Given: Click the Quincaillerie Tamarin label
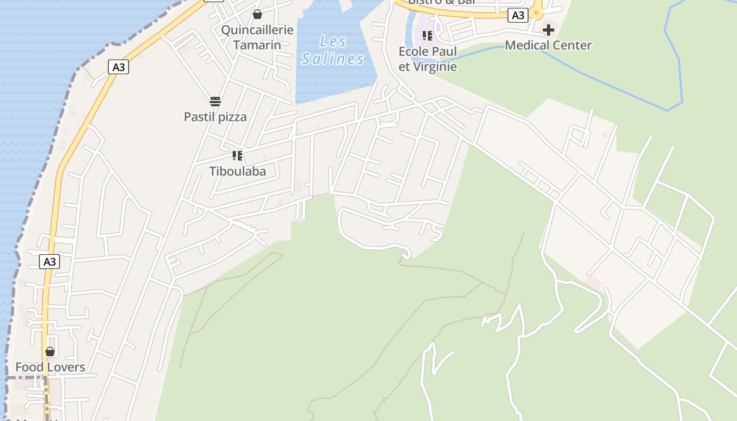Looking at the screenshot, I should [257, 37].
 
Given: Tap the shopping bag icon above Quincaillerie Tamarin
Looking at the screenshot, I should [257, 14].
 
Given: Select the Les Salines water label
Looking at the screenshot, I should [333, 50].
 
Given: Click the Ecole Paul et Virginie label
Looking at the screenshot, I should [427, 59].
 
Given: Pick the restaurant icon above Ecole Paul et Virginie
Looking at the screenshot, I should [427, 36].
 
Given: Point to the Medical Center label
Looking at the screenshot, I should [548, 45].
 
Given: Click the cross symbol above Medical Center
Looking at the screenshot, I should [549, 30].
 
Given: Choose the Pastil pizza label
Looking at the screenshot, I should [215, 116].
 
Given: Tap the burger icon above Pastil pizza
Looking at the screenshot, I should [215, 101].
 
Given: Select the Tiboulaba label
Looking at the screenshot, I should [237, 171].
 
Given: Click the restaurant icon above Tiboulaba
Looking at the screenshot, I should [237, 155].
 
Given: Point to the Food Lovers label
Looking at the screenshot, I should [50, 367].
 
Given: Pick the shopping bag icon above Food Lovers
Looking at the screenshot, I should [50, 352].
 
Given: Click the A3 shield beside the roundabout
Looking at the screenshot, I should [518, 16].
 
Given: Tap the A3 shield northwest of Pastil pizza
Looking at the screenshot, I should [118, 67].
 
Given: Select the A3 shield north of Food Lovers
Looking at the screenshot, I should [49, 262].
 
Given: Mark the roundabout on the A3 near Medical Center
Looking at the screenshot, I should [536, 13].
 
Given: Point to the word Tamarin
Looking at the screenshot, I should [257, 44].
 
